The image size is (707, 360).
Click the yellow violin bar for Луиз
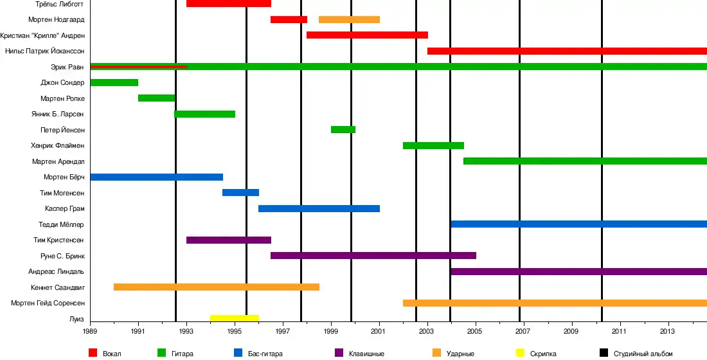tap(235, 318)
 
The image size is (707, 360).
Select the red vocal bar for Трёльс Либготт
tap(228, 4)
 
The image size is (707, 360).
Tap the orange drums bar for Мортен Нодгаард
tap(349, 19)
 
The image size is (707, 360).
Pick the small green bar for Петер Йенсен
tap(343, 129)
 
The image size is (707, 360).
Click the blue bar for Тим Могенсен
tap(240, 192)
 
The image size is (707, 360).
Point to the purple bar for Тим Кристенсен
tap(228, 240)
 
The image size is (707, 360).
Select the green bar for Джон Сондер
tap(114, 82)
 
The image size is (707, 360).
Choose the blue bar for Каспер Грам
tap(319, 208)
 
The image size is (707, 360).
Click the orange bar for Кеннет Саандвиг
tap(216, 287)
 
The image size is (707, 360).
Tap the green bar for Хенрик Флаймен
tap(433, 145)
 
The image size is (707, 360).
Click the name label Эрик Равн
tap(67, 67)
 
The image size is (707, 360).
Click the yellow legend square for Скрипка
tap(521, 352)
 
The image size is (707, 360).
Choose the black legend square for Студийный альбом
tap(604, 352)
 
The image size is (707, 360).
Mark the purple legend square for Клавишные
tap(339, 352)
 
